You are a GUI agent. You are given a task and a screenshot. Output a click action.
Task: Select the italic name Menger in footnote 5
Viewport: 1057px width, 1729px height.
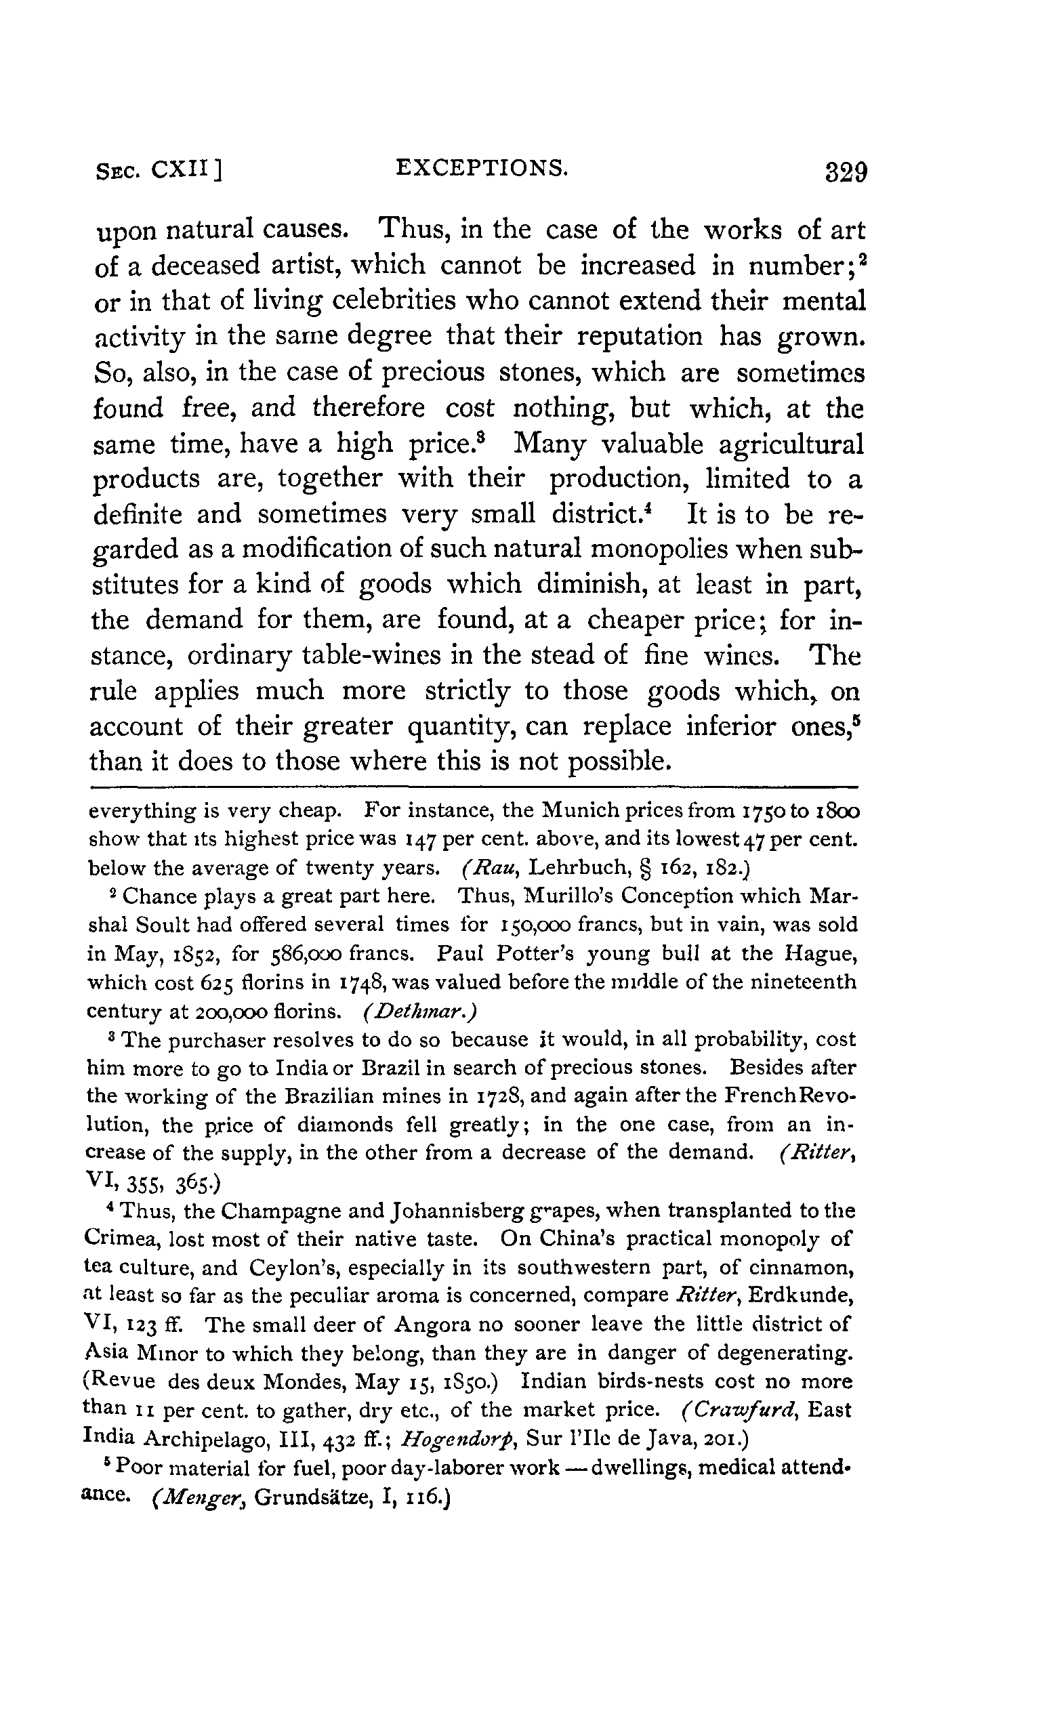tap(199, 1495)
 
